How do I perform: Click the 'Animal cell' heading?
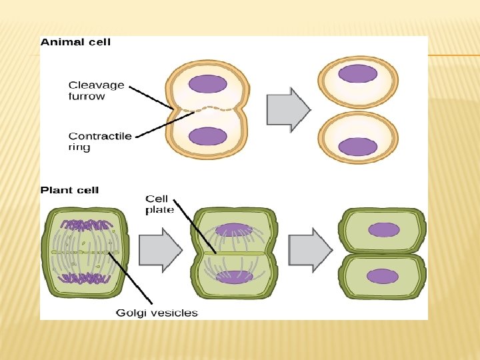coord(75,42)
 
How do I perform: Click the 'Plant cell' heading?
coord(69,190)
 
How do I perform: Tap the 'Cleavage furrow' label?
coord(96,90)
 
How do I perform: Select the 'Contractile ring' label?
coord(100,141)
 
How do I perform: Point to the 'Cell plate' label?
coord(159,205)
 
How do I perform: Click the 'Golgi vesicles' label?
coord(157,313)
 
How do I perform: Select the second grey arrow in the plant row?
coord(310,250)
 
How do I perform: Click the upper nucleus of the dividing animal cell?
coord(208,84)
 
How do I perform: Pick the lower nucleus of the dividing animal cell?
coord(208,137)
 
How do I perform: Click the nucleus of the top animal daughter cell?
coord(358,73)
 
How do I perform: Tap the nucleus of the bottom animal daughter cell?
coord(358,147)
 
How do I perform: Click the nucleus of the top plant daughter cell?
coord(383,230)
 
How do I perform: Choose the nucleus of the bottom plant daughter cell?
coord(383,276)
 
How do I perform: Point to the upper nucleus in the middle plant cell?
coord(233,230)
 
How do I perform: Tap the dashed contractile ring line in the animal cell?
coord(208,109)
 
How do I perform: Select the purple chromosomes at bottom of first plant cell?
coord(84,278)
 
